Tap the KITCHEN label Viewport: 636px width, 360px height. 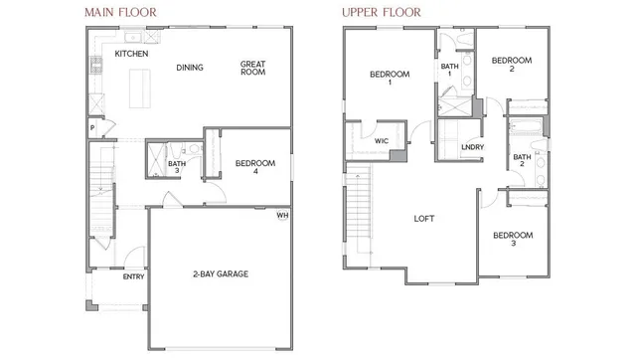(131, 54)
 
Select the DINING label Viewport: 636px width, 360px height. (190, 68)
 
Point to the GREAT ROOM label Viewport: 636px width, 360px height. (252, 69)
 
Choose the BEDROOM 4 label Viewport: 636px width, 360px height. (253, 167)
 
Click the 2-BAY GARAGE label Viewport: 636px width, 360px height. (220, 273)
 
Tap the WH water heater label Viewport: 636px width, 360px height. (282, 214)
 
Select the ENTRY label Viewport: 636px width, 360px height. (133, 276)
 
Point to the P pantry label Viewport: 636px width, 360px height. (91, 127)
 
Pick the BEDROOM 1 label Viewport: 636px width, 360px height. (389, 79)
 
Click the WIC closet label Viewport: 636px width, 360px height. (381, 141)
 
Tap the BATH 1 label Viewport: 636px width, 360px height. (449, 71)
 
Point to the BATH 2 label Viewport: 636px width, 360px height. (522, 160)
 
